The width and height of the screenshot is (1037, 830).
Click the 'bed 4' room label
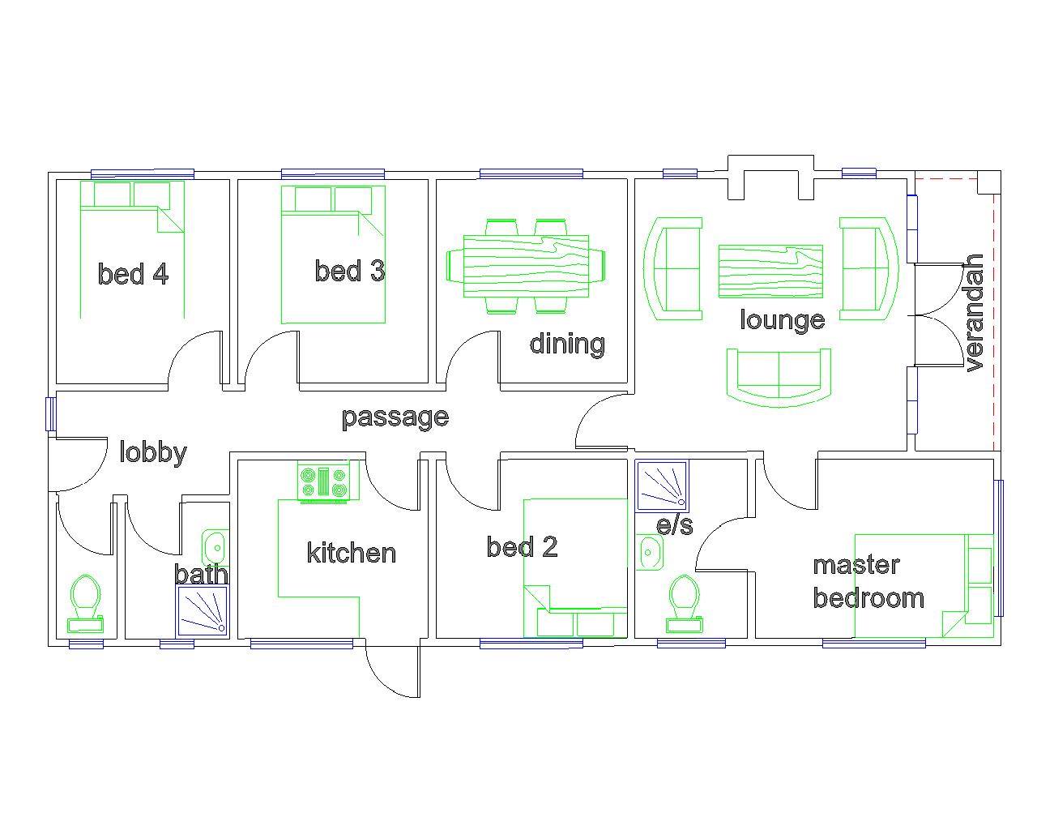point(133,273)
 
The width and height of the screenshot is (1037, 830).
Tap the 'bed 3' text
point(350,271)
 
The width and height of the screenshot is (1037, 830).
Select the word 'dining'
point(567,344)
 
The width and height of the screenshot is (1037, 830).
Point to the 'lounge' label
point(782,320)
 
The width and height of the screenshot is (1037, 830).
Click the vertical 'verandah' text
point(973,313)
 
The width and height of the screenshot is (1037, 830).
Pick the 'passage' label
point(395,417)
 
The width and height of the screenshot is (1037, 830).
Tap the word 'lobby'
point(153,453)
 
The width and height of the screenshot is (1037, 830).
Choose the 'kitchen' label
point(352,553)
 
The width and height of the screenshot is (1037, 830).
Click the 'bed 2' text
point(522,547)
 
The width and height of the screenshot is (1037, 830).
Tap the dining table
point(527,266)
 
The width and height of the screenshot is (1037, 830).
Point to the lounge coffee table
point(770,272)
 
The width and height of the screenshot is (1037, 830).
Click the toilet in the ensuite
point(684,605)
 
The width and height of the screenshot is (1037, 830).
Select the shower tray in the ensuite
point(662,486)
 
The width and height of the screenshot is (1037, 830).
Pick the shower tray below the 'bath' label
point(202,611)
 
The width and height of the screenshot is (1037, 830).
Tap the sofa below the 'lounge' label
point(779,377)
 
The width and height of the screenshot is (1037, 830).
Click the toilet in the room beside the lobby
point(85,604)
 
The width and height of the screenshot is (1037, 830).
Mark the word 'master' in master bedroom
point(856,565)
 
